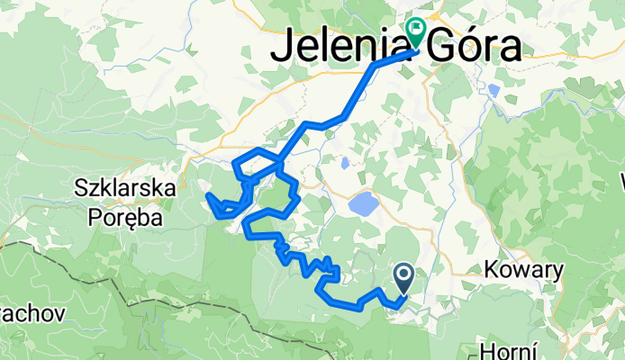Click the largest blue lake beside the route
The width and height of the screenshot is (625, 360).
coord(364,203)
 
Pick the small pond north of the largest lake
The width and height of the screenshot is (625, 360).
coord(345,164)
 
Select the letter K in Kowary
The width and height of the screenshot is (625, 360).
coord(492,269)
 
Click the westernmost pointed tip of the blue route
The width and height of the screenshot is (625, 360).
coord(207,194)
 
